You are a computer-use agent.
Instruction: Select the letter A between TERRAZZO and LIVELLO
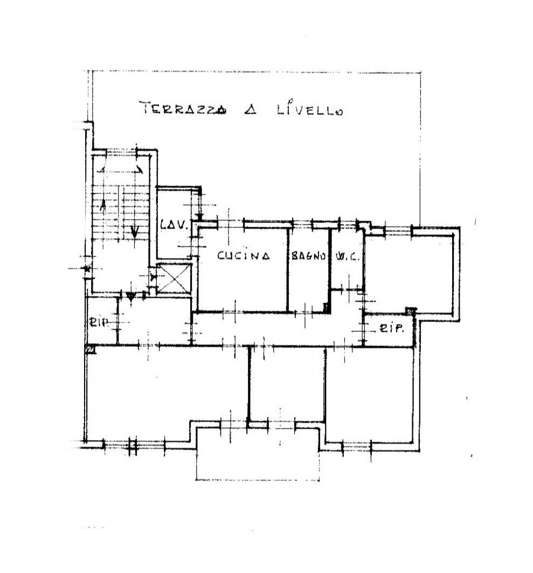pos(251,109)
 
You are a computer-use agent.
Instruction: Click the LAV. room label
pos(174,224)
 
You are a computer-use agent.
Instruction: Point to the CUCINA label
pos(244,255)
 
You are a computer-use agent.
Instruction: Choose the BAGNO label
pos(308,256)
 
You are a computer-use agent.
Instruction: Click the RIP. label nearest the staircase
pos(100,322)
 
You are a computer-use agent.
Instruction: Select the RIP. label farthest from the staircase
pos(391,328)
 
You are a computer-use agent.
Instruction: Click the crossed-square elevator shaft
pos(174,278)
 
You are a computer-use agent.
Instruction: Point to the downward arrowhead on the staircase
pos(135,232)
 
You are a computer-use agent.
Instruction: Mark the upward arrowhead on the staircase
pos(103,205)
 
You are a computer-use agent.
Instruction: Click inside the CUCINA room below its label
pos(243,285)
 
